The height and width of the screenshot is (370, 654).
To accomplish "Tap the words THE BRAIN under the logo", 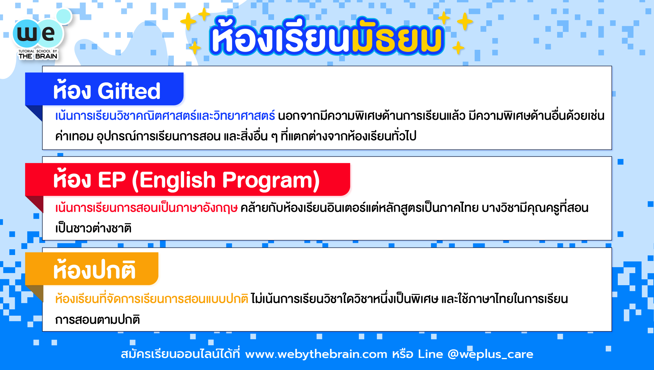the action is pyautogui.click(x=38, y=56).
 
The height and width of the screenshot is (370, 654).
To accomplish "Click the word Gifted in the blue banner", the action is pyautogui.click(x=129, y=91).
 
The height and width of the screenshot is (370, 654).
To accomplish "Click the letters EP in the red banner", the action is pyautogui.click(x=112, y=180).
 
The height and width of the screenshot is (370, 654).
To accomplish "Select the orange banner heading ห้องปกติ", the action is pyautogui.click(x=94, y=270).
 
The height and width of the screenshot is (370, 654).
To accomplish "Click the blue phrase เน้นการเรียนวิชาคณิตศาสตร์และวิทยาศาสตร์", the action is pyautogui.click(x=165, y=116).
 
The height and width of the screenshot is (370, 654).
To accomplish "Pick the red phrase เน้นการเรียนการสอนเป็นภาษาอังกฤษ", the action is pyautogui.click(x=146, y=208).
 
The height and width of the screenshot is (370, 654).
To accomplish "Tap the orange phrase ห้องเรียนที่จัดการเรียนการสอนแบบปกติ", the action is pyautogui.click(x=152, y=299).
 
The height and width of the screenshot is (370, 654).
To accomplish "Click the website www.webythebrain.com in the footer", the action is pyautogui.click(x=316, y=354).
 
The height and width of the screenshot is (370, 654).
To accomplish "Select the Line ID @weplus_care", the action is pyautogui.click(x=490, y=354).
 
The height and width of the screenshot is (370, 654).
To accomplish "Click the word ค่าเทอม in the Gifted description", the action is pyautogui.click(x=74, y=136).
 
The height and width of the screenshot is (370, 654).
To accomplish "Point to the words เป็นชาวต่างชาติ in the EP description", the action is pyautogui.click(x=93, y=228).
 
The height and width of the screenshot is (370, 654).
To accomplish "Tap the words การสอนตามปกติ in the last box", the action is pyautogui.click(x=97, y=319).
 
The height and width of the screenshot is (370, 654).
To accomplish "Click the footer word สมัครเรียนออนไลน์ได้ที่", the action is pyautogui.click(x=180, y=353).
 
